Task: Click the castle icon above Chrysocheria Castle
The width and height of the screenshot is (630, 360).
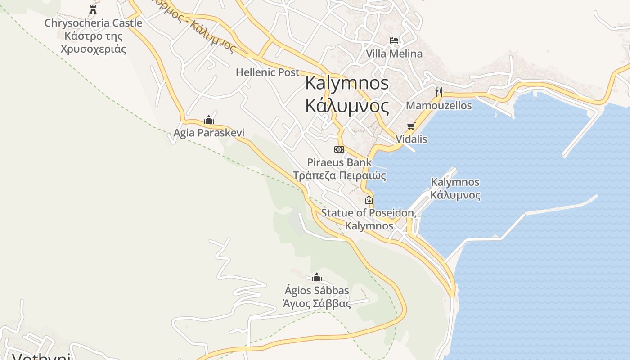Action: [93, 9]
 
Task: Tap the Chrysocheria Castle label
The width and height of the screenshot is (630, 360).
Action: [93, 36]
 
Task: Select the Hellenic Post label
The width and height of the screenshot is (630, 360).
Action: [267, 72]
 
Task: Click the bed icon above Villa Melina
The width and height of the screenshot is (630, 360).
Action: [394, 40]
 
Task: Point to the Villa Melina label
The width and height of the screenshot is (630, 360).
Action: [394, 54]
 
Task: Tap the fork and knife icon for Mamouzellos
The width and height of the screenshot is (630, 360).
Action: [439, 92]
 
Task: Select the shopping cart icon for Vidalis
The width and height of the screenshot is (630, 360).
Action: [411, 126]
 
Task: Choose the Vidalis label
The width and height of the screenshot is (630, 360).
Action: [411, 139]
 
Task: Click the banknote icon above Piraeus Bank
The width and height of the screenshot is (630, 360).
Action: [339, 149]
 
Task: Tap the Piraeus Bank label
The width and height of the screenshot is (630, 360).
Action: [339, 169]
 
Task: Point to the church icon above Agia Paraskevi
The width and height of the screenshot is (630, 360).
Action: [209, 120]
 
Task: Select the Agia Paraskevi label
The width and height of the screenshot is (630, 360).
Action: [209, 133]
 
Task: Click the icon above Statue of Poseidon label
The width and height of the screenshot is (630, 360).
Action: [369, 200]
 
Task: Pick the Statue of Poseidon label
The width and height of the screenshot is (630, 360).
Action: [369, 219]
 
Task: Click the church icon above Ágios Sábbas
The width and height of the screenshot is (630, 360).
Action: [317, 277]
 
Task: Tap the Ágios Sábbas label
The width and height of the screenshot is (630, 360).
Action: [317, 297]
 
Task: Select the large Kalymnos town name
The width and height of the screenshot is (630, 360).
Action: [347, 94]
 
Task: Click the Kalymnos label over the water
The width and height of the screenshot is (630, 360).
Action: [455, 189]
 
